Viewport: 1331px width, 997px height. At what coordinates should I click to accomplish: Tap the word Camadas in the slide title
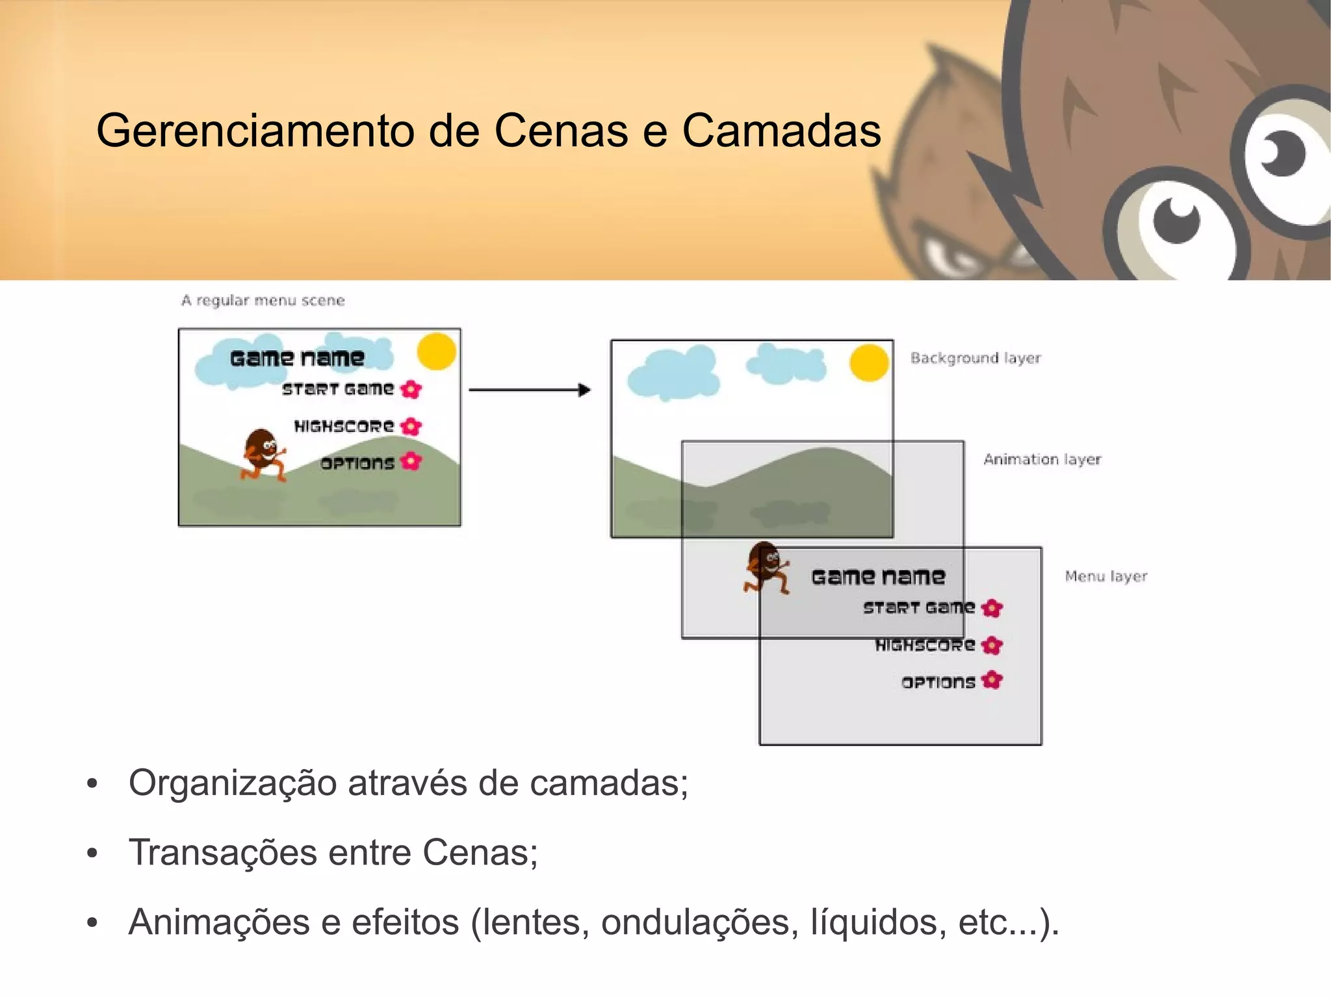[781, 131]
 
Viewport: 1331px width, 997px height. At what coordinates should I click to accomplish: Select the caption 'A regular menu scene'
[263, 301]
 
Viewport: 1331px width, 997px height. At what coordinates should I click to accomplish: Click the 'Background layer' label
[975, 358]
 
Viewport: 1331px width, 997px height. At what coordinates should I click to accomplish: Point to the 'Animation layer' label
[1042, 459]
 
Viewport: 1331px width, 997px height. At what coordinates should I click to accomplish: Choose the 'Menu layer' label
[1105, 576]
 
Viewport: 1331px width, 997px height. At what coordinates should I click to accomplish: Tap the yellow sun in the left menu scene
[436, 351]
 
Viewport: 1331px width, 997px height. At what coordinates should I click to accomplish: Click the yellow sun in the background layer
[869, 363]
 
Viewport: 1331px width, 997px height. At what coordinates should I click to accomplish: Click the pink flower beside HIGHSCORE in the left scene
[411, 427]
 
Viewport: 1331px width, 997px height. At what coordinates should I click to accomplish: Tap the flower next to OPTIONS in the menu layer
[992, 681]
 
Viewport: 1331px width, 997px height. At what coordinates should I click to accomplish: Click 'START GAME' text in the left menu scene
[338, 389]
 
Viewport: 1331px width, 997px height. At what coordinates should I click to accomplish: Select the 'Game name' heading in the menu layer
[878, 577]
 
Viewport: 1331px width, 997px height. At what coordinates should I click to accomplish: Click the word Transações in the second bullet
[221, 852]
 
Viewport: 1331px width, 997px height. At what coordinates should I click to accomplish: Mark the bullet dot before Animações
[92, 922]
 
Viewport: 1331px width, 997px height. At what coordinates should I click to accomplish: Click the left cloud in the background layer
[673, 374]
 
